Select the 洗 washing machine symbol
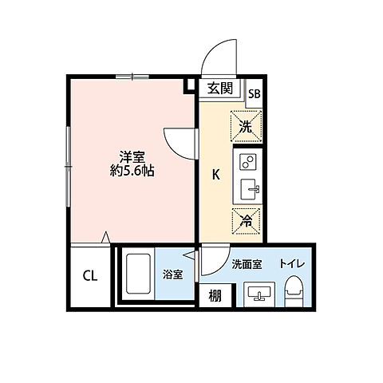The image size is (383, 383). click(x=245, y=124)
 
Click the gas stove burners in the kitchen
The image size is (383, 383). click(x=247, y=163)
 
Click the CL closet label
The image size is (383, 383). click(x=90, y=277)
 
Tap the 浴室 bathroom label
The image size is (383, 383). click(x=173, y=275)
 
